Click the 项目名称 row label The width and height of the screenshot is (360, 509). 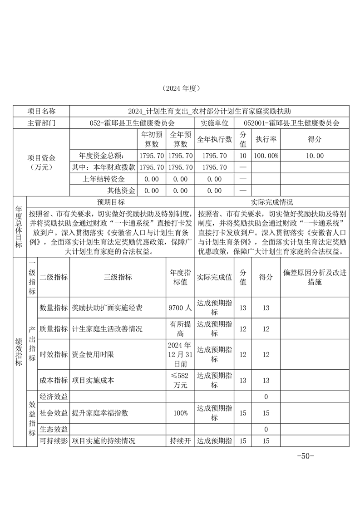(x=41, y=111)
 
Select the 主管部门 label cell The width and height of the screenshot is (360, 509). (x=41, y=122)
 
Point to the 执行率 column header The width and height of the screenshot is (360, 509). (x=266, y=139)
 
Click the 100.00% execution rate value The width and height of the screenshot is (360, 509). (x=266, y=156)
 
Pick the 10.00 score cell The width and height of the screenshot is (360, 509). (x=315, y=156)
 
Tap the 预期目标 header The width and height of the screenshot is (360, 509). (x=111, y=202)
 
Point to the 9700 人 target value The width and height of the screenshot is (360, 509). (x=180, y=308)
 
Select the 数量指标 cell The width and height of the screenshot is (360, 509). (x=54, y=308)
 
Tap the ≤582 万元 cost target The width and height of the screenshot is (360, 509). (x=180, y=380)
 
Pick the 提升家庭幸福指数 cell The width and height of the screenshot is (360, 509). (x=100, y=413)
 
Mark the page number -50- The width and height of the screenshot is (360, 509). (x=305, y=456)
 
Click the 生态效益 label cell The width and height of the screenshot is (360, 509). (x=54, y=429)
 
